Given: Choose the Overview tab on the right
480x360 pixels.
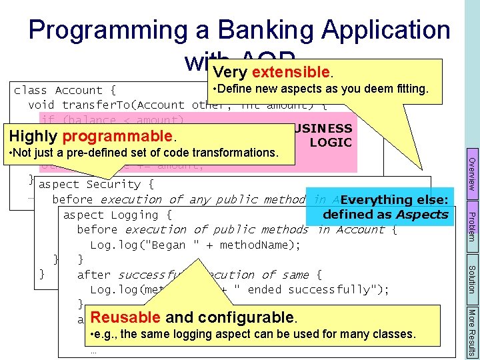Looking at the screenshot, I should pos(471,175).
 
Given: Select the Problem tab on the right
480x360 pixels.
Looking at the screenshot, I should pos(471,226).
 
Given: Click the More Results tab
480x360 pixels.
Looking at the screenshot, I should pos(471,331).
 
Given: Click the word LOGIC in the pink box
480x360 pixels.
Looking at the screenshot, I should pos(331,142).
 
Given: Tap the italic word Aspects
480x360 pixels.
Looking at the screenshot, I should pos(421,214).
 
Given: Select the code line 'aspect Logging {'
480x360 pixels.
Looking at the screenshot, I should pos(117,215).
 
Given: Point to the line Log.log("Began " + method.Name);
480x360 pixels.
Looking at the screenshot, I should pos(195,245).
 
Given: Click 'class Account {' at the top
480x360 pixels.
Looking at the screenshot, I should pos(65,90).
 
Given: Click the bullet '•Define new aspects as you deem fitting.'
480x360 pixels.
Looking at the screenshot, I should pos(319,89).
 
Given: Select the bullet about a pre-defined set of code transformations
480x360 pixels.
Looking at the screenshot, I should pos(144,153).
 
